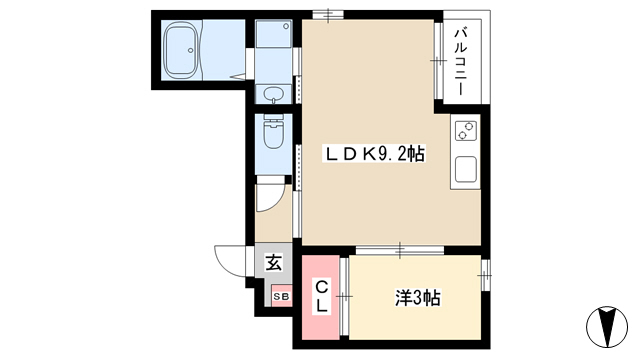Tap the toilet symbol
273,131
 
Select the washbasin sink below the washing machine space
273,95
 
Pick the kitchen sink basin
466,169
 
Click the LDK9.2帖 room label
374,154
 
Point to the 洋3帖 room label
417,298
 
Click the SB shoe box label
281,297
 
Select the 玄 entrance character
273,262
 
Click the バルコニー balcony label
460,61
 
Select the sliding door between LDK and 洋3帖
400,250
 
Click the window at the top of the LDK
328,15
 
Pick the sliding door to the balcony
438,61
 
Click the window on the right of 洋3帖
485,275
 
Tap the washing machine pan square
273,34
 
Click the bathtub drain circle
190,50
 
